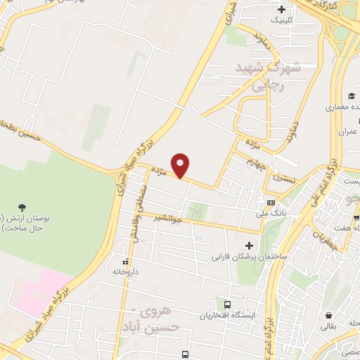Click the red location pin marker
click(x=181, y=166)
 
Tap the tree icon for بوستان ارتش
click(x=22, y=207)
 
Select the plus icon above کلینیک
click(x=282, y=10)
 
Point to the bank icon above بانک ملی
click(x=271, y=202)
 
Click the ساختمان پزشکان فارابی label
click(x=247, y=257)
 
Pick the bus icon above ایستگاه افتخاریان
click(x=227, y=304)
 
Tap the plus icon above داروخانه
click(x=117, y=260)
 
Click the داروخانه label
click(x=127, y=271)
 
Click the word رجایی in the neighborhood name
click(x=270, y=84)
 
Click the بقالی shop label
click(x=328, y=326)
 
